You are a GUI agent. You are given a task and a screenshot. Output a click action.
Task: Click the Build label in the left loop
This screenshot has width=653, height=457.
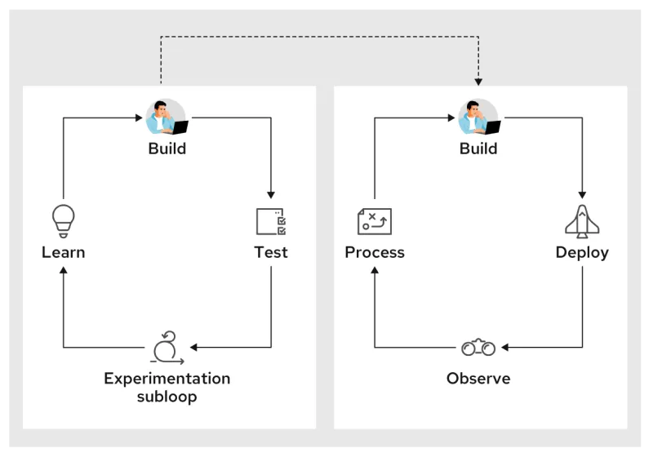167,149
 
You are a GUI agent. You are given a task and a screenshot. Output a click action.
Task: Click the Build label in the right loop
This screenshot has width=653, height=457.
478,149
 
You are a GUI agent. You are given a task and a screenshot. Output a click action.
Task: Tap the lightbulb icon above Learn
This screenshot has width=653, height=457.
63,220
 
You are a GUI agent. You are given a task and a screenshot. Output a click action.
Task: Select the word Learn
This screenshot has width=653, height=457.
63,252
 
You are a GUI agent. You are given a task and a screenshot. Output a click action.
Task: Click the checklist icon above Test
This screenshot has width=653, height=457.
270,221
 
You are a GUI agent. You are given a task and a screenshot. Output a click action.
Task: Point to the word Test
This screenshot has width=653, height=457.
270,252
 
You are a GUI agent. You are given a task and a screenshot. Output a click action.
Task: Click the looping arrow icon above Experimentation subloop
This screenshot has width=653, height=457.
167,348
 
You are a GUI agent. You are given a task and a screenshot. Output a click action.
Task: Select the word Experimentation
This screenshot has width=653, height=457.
167,379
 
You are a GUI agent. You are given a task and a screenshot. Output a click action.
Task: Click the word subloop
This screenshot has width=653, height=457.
167,397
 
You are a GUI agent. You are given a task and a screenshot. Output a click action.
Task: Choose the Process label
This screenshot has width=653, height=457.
375,252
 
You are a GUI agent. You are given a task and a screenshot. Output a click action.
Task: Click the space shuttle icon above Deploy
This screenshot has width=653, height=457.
582,221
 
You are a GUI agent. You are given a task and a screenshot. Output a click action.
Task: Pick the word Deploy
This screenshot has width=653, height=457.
582,252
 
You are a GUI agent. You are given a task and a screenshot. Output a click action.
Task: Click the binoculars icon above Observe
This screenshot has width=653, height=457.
478,348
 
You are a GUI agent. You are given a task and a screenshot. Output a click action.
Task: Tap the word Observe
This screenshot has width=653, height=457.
478,379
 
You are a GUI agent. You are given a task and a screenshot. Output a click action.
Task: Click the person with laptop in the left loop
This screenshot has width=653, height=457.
167,118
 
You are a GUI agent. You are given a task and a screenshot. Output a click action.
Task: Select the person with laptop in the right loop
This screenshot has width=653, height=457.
478,118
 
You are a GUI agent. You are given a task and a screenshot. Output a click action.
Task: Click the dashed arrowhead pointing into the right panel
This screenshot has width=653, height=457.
478,82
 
